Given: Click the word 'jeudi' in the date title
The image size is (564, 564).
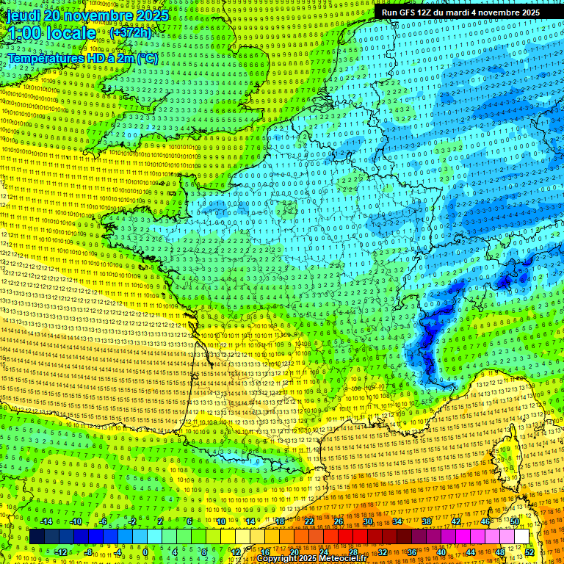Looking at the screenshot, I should tap(22, 15).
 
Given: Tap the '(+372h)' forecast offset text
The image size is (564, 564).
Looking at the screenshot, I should tap(130, 33).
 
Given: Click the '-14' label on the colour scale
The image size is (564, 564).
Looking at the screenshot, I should tap(46, 521).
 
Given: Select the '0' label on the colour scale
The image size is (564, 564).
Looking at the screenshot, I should tap(145, 552).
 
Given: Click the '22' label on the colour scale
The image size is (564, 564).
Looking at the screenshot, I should tap(309, 521).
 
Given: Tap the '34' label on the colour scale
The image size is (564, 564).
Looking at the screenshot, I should tap(397, 521).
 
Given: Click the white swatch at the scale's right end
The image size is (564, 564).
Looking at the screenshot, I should tap(521, 537).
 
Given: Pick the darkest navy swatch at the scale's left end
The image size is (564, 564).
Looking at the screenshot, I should tap(37, 537).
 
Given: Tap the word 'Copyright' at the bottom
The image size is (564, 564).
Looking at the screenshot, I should tap(279, 559).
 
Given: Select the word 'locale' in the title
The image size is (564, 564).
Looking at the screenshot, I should tap(69, 34).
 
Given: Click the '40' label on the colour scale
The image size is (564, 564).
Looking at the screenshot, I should tap(441, 552).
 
